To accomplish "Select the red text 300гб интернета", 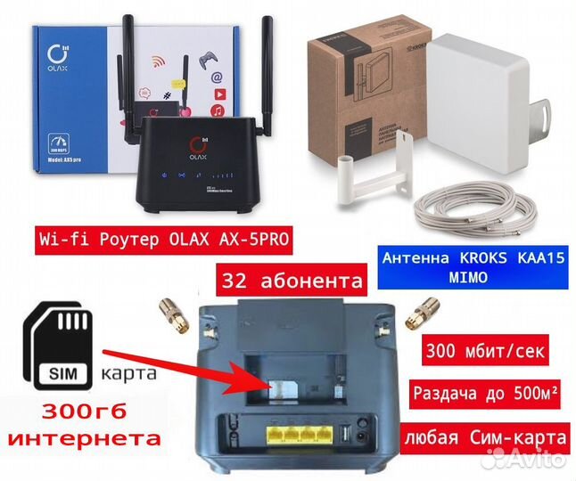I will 86,426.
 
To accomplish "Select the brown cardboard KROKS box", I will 357,80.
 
